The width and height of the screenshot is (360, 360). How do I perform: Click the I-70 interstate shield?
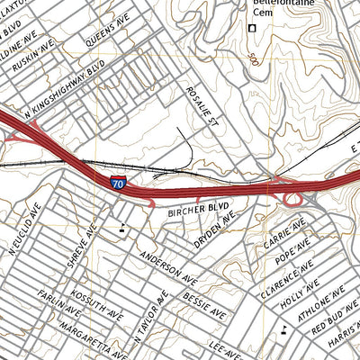119,183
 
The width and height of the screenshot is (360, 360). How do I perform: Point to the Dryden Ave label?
214,231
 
